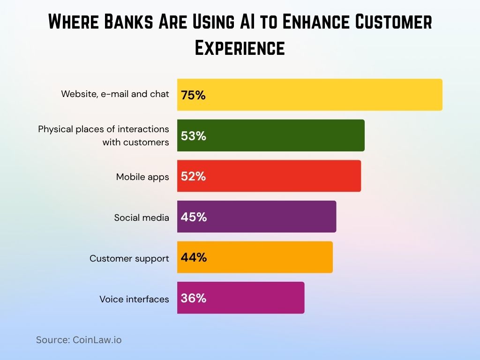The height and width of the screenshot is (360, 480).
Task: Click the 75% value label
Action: pyautogui.click(x=193, y=95)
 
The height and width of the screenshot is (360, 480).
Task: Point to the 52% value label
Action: pyautogui.click(x=193, y=176)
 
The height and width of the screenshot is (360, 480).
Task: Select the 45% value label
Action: pyautogui.click(x=193, y=217)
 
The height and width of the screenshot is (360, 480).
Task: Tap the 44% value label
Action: pyautogui.click(x=193, y=258)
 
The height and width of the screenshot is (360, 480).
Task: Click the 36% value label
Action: pyautogui.click(x=193, y=298)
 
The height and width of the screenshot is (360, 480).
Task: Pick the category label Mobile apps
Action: pyautogui.click(x=142, y=177)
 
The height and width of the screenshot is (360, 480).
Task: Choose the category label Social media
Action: pyautogui.click(x=142, y=217)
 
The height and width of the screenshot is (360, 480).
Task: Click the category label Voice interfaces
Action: pyautogui.click(x=134, y=299)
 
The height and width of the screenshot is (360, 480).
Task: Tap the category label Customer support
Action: pyautogui.click(x=129, y=258)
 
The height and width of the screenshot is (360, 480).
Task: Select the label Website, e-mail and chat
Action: pyautogui.click(x=115, y=94)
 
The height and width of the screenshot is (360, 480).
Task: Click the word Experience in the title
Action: pyautogui.click(x=240, y=48)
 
